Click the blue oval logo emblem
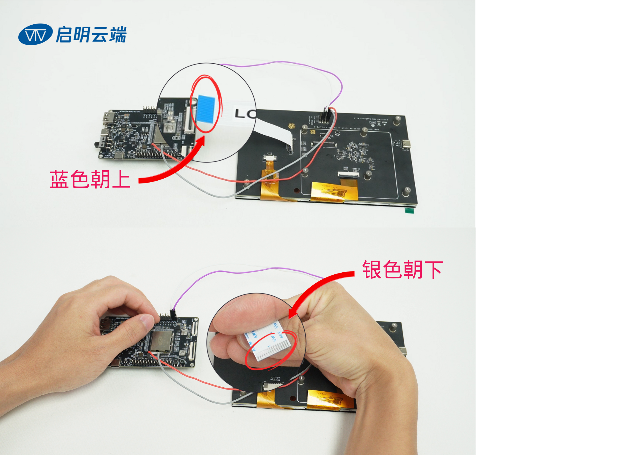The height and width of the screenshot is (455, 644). [35, 34]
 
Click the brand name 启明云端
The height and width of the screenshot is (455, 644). [91, 35]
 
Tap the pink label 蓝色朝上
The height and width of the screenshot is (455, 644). [90, 179]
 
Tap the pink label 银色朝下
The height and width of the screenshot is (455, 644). [402, 270]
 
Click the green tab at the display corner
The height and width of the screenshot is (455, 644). [410, 210]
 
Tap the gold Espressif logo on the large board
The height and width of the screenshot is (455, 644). [292, 126]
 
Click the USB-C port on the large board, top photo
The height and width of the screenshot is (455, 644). [406, 144]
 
